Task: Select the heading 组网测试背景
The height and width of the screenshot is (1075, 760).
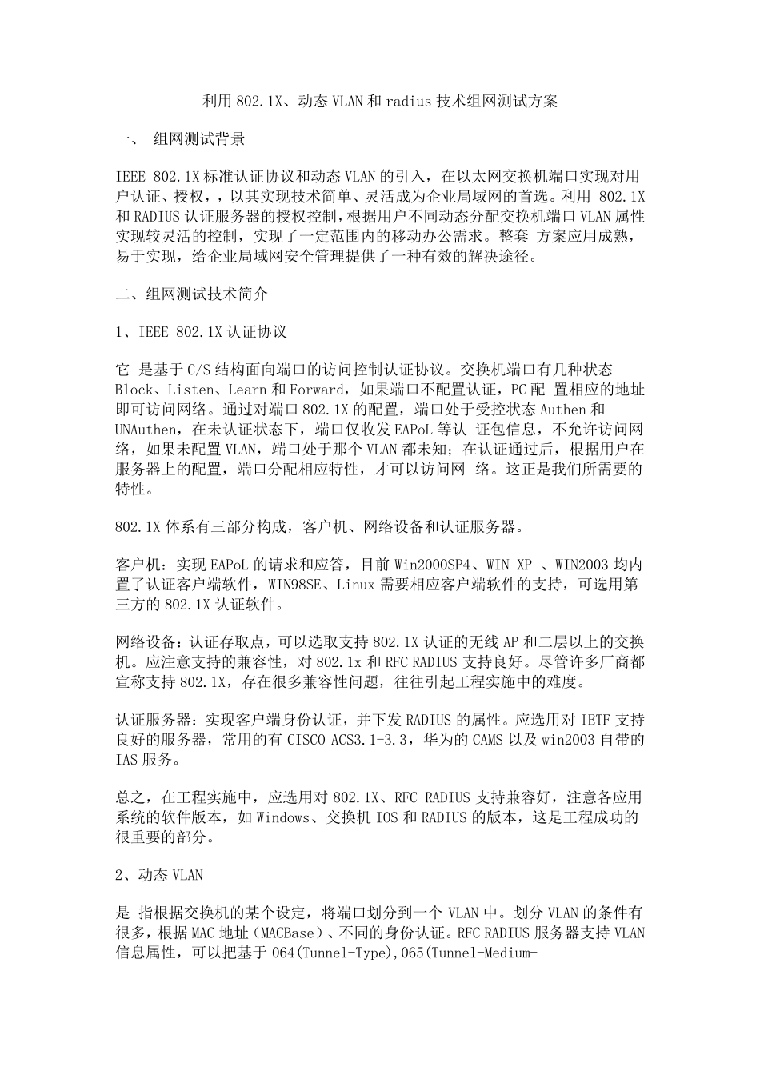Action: pyautogui.click(x=199, y=139)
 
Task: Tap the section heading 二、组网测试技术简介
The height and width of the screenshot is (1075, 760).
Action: pyautogui.click(x=191, y=294)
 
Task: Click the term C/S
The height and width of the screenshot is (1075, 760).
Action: pyautogui.click(x=198, y=370)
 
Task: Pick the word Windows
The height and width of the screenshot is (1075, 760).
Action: pyautogui.click(x=283, y=818)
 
